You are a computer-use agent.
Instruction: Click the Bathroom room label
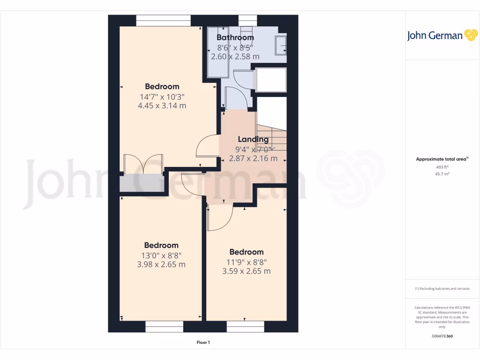point(235,37)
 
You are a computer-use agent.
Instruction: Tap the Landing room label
point(253,139)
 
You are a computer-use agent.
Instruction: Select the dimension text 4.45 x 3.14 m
point(162,106)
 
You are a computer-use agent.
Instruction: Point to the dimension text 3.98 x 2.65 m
point(161,264)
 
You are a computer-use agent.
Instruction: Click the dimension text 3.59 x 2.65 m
point(247,271)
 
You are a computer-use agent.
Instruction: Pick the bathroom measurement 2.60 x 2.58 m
point(235,57)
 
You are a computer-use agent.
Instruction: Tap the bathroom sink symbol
point(281,45)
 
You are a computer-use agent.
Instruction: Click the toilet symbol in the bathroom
point(247,24)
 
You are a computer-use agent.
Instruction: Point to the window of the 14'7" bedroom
point(164,21)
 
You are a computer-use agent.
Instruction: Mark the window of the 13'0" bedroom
point(164,327)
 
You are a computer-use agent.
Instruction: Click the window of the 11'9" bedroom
point(245,327)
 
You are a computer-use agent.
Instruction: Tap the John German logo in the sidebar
point(442,36)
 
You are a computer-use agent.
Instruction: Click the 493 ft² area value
point(442,167)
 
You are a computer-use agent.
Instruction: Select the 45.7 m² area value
point(442,174)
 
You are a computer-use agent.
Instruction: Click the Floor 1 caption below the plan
point(203,343)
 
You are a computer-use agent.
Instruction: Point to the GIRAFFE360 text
point(442,336)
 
